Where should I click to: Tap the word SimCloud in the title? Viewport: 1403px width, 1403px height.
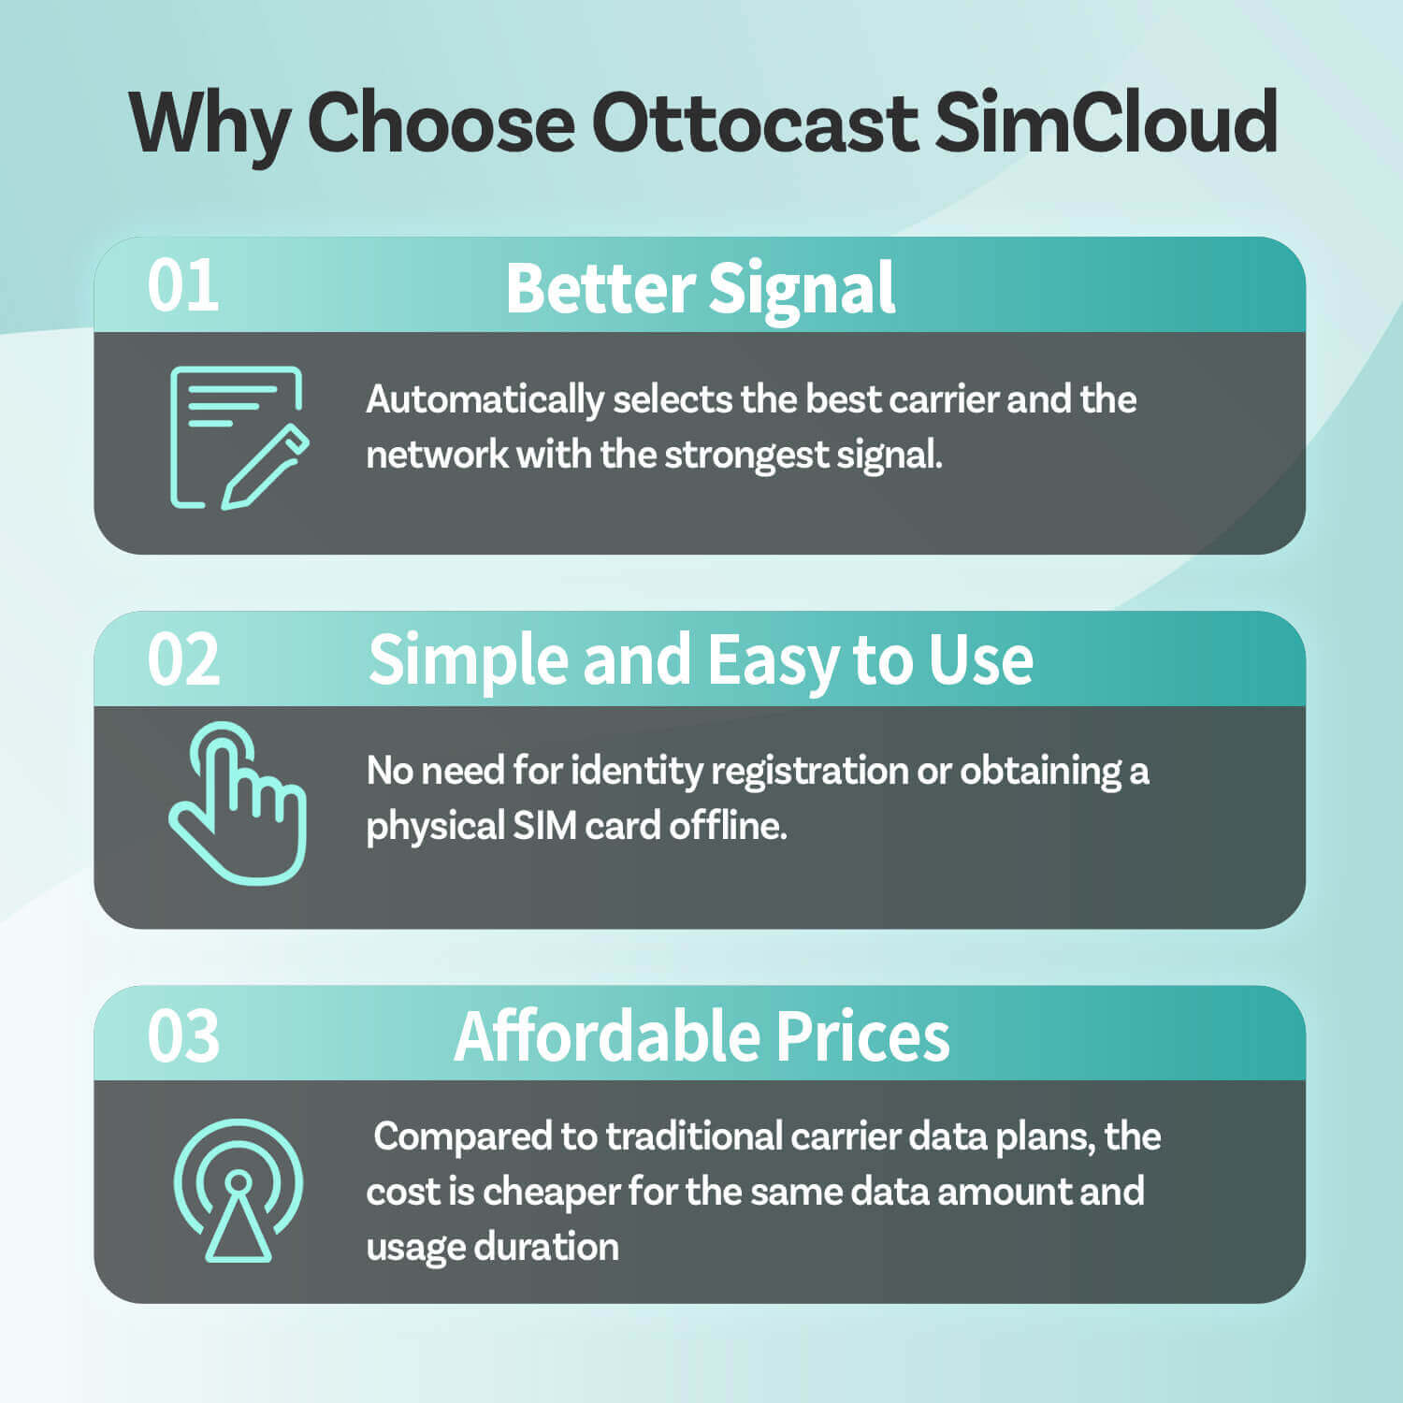click(1106, 123)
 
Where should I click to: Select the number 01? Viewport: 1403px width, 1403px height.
click(183, 286)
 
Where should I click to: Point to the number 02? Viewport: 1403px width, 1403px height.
click(183, 660)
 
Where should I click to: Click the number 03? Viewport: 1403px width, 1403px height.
click(183, 1035)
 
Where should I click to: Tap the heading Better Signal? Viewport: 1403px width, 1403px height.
click(700, 288)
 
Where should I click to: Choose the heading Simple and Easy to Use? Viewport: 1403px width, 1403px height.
click(701, 661)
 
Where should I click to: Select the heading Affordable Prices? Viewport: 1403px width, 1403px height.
click(701, 1036)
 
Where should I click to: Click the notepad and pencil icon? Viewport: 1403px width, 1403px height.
click(239, 438)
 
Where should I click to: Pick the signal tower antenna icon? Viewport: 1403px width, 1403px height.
click(239, 1190)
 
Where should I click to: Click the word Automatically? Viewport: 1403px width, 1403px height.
click(485, 400)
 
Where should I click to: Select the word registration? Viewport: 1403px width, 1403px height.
click(809, 771)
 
